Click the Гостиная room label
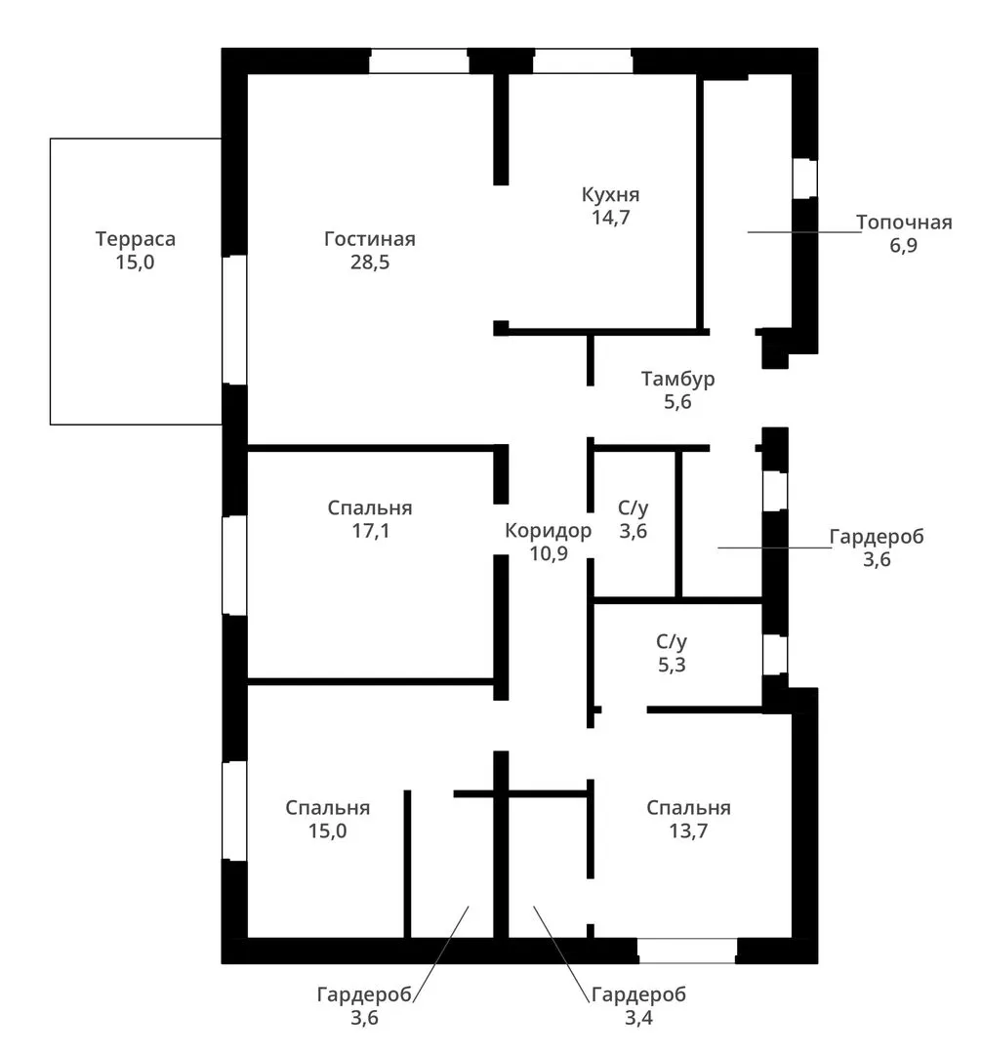coord(370,239)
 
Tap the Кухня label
coord(610,195)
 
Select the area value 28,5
coord(370,263)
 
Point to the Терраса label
coord(135,239)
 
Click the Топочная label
coord(904,223)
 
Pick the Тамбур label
coord(677,379)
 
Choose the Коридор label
coord(549,531)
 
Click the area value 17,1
coord(370,531)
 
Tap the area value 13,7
coord(688,831)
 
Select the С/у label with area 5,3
coord(672,642)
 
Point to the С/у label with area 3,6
coord(634,508)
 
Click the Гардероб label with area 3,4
coord(638,994)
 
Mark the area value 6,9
coord(903,245)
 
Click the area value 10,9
coord(549,554)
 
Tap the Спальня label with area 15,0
coord(327,808)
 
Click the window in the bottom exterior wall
coord(687,952)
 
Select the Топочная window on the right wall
coord(804,179)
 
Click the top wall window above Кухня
coord(583,61)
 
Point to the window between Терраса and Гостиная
coord(234,320)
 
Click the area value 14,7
coord(610,218)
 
